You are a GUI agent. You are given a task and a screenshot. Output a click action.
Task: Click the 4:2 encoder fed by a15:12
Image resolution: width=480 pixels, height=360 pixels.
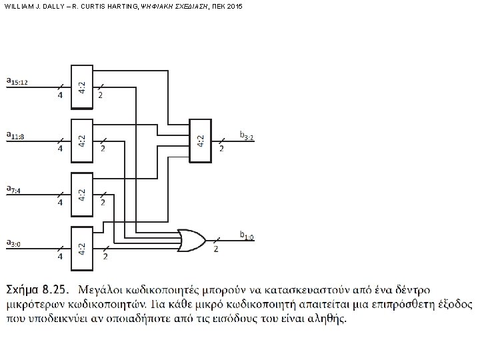pyautogui.click(x=80, y=85)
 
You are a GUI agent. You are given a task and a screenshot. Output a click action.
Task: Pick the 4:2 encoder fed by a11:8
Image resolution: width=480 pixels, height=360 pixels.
pyautogui.click(x=80, y=139)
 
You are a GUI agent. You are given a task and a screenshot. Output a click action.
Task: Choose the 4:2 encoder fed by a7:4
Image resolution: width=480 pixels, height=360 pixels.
pyautogui.click(x=80, y=193)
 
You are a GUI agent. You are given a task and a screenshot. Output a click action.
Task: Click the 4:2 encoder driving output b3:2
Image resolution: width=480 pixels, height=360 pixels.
pyautogui.click(x=200, y=140)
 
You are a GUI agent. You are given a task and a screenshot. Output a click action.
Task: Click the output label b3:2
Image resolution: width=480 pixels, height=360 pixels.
pyautogui.click(x=247, y=135)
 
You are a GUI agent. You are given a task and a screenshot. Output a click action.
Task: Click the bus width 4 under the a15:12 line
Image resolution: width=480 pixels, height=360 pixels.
pyautogui.click(x=60, y=95)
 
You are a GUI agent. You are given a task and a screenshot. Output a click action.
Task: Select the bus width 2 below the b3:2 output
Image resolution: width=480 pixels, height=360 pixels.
pyautogui.click(x=221, y=149)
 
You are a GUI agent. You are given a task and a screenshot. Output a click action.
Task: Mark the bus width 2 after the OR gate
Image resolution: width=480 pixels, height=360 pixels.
pyautogui.click(x=215, y=249)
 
